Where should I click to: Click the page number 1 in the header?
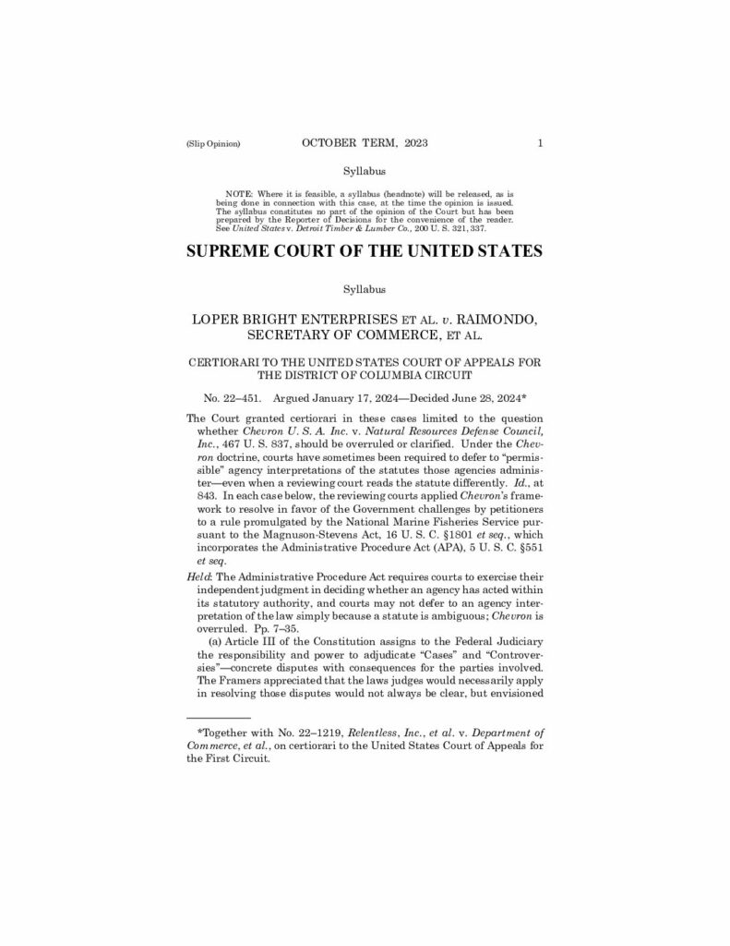tap(540, 143)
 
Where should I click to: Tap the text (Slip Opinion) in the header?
tap(213, 144)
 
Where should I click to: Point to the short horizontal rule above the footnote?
tap(219, 717)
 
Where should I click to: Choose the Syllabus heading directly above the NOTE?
tap(364, 170)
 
